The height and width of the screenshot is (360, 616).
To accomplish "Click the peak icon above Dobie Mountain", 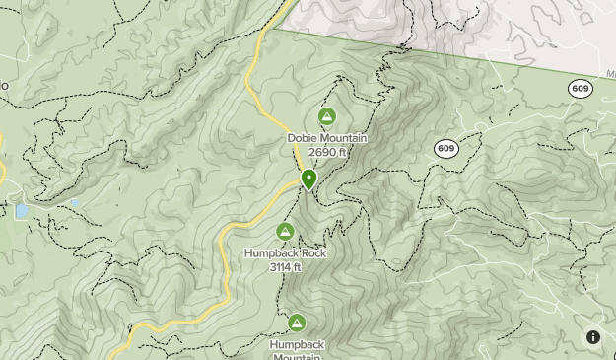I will coord(327,118).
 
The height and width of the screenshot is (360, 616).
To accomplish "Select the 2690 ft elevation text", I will coord(327,152).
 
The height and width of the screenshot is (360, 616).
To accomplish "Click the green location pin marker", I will coord(308,179).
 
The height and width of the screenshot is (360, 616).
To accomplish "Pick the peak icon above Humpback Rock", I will coord(285,233).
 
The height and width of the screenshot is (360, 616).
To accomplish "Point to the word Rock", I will coord(313,253).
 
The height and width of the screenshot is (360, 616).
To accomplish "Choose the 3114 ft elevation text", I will coord(286,266).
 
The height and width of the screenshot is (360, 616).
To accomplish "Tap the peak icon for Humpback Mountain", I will coord(296,323).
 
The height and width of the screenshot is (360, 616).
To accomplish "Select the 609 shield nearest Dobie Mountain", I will coord(445,149).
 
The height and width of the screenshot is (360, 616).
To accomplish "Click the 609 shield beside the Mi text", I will coord(581,89).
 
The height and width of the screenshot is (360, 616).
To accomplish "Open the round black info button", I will coord(593,337).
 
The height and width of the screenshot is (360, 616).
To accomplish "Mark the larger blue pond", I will coord(22,212).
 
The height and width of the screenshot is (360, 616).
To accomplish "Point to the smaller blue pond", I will coord(73,204).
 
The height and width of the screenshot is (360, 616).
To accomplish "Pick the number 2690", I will coord(320,152).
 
